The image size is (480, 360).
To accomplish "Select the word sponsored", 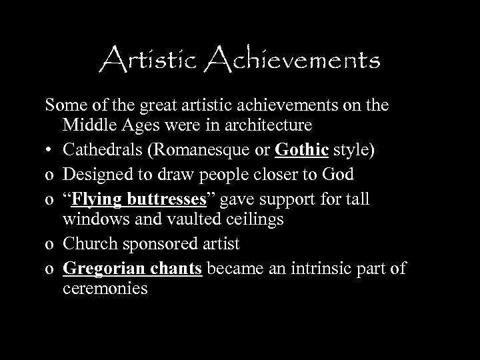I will [x=164, y=245].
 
